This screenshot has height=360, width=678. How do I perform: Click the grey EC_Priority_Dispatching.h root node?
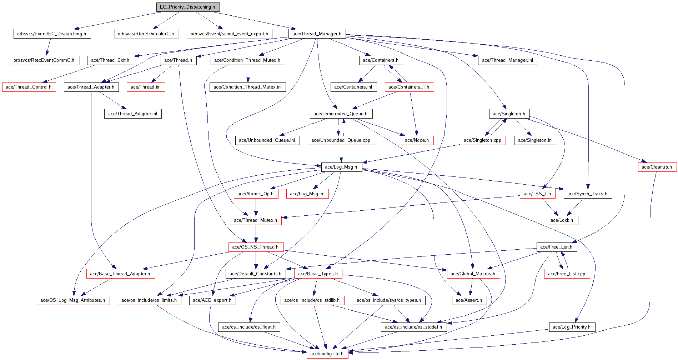188,7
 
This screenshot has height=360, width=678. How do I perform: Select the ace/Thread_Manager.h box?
317,34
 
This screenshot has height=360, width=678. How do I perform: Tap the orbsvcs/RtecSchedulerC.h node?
146,34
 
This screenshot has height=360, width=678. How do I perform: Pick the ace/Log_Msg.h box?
341,167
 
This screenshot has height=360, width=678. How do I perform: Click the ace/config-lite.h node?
327,354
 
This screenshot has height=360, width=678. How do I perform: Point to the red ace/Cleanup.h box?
657,167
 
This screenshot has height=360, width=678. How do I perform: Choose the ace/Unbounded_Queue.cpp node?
341,140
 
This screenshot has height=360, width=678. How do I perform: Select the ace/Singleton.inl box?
535,140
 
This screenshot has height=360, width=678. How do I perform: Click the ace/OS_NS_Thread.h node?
256,247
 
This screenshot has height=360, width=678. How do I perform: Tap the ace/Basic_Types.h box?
318,274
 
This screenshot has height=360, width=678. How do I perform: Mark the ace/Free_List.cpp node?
567,274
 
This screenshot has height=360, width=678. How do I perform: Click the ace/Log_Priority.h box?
572,327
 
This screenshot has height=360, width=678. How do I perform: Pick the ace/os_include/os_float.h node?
249,327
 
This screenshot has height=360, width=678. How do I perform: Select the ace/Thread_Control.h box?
29,87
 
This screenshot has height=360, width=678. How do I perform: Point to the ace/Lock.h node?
562,220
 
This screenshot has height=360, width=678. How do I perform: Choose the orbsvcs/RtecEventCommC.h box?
44,60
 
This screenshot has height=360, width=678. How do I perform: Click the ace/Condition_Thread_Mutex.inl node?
247,87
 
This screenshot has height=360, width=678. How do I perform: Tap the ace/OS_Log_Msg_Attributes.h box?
73,300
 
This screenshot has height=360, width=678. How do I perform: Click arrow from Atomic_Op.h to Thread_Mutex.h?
256,207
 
